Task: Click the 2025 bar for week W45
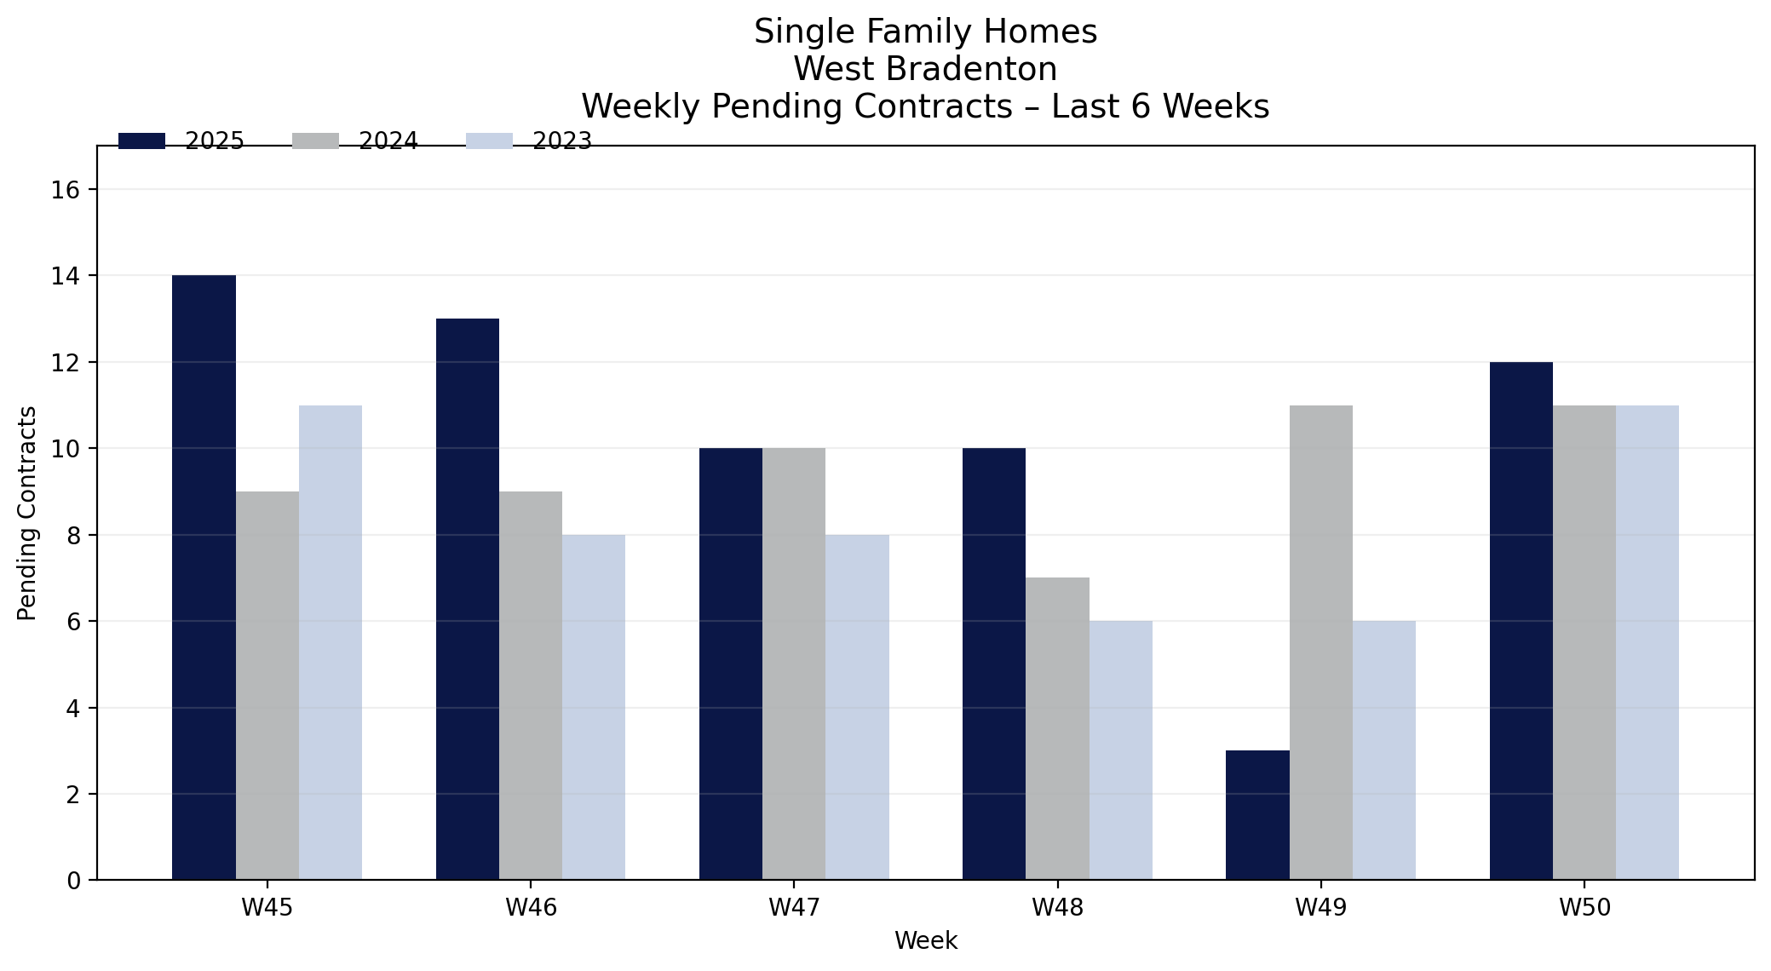point(204,577)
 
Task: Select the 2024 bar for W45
point(267,686)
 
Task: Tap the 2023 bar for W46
point(594,707)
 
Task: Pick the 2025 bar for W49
point(1257,815)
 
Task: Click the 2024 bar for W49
point(1321,642)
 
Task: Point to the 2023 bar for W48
point(1121,750)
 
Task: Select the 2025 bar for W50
point(1521,621)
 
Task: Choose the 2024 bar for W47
point(794,664)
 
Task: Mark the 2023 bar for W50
point(1647,642)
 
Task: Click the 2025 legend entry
point(181,141)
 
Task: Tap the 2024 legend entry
point(355,141)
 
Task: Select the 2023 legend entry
point(529,141)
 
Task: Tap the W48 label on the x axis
point(1058,908)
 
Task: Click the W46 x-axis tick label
point(531,908)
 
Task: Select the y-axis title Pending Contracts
point(27,513)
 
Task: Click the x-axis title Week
point(926,941)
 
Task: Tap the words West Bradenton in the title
point(926,69)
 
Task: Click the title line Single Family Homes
point(926,32)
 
